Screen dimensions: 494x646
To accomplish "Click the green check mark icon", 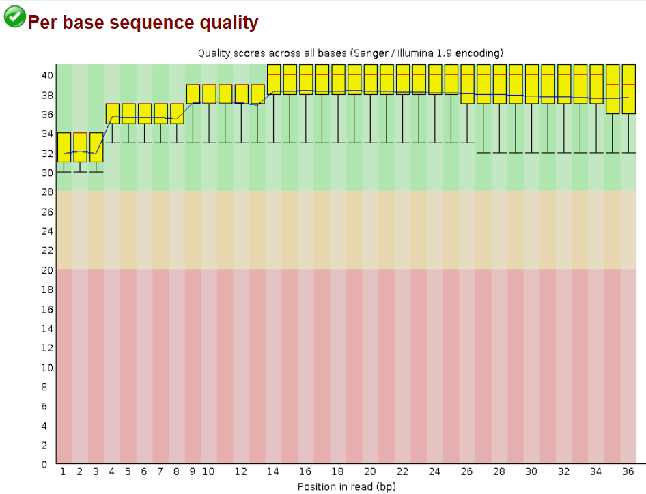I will pos(14,16).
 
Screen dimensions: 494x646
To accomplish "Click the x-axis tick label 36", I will pos(629,471).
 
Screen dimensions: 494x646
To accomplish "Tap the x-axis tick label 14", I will pos(274,471).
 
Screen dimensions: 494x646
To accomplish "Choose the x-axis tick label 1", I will pos(64,471).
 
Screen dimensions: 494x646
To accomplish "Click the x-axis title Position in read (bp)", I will pos(346,486).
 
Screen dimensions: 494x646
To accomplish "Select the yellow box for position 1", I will pos(64,147).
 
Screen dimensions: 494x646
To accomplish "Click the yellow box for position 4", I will pos(112,113).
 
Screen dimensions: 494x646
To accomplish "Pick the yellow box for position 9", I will pos(193,93).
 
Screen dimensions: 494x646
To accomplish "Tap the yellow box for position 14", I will pos(274,79).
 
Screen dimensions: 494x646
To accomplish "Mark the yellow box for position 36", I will pos(629,89).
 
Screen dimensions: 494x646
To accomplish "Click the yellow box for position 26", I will pos(468,84).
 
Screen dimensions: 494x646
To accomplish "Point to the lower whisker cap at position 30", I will pos(532,153).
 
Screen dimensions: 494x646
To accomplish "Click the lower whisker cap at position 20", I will pos(371,143).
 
